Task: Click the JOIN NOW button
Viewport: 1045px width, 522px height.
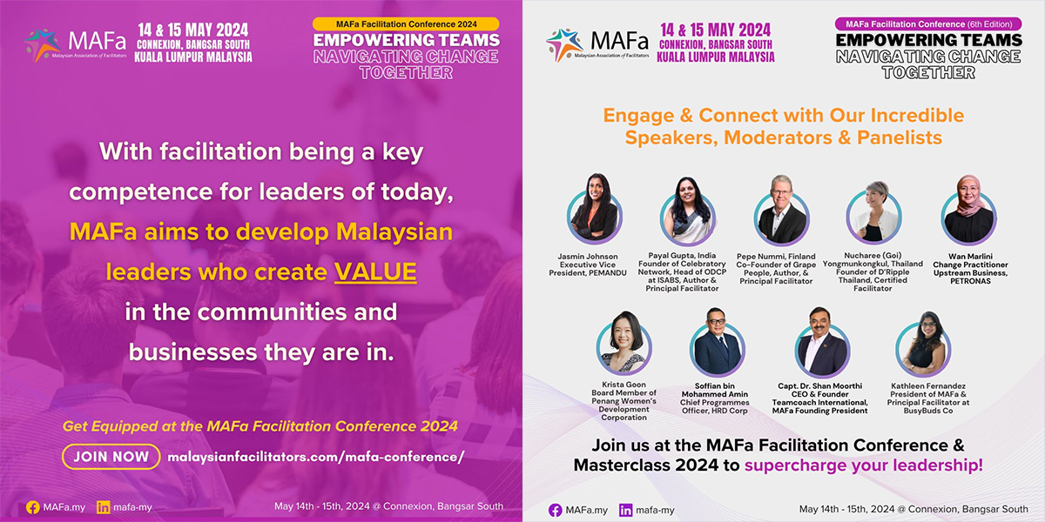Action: pos(111,457)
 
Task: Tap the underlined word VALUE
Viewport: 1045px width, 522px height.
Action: pos(375,272)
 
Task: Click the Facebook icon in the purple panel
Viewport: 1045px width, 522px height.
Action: pos(33,507)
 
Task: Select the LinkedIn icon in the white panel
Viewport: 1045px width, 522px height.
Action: pos(625,511)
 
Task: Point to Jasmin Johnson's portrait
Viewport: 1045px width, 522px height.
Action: pos(594,210)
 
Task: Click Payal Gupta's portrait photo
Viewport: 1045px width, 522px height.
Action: pos(688,211)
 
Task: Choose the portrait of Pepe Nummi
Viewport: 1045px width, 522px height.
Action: pos(781,210)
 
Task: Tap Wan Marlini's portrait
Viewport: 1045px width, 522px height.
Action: pos(968,210)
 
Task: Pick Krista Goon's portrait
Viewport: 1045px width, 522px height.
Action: pos(624,343)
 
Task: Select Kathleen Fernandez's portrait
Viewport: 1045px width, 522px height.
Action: pos(923,344)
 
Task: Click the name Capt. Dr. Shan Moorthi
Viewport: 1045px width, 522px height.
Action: pos(819,386)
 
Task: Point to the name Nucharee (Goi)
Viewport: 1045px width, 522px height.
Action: pos(873,256)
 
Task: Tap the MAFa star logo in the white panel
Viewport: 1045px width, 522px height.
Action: pos(564,44)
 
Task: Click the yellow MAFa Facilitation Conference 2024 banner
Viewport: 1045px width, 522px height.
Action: pos(406,24)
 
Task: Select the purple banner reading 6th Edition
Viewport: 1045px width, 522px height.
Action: pos(928,24)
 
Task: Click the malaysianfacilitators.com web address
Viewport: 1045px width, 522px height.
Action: pos(316,457)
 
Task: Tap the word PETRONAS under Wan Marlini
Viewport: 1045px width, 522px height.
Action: pos(970,281)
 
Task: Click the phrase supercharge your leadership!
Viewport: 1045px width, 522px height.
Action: pos(864,465)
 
